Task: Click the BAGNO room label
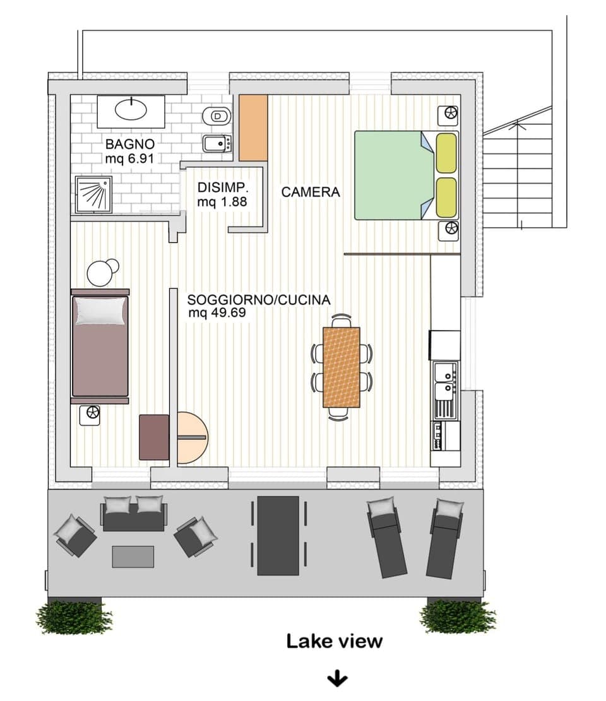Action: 130,143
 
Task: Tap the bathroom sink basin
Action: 131,110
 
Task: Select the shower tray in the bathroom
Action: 93,193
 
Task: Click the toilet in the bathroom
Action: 217,116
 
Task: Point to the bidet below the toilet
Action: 217,144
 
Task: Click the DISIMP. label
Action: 223,188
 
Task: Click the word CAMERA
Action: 310,192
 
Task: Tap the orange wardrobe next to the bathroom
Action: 253,127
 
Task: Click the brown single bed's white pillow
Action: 100,310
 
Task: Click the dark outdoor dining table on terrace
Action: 278,535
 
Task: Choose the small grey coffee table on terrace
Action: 133,557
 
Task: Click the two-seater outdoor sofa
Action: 134,514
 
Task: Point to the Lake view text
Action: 334,641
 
